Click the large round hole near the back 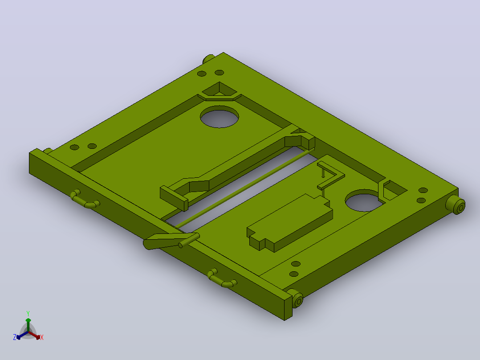pos(220,117)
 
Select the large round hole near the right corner pos(363,200)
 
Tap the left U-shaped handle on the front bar pos(85,200)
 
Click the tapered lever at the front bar pos(171,241)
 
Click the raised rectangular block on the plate pos(289,223)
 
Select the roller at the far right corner pos(456,205)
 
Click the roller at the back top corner pos(209,58)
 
